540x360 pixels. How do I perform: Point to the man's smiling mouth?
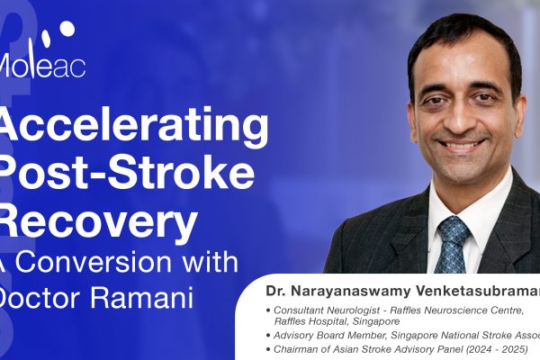(x=461, y=143)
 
